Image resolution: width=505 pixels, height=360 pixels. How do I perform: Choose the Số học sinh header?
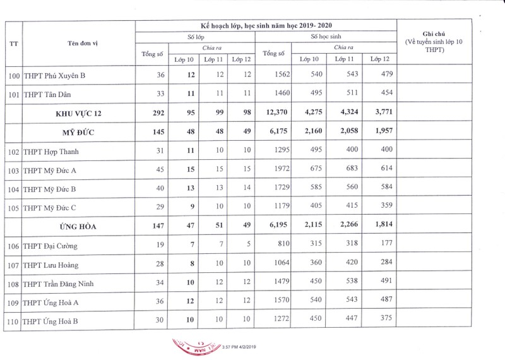click(325, 37)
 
